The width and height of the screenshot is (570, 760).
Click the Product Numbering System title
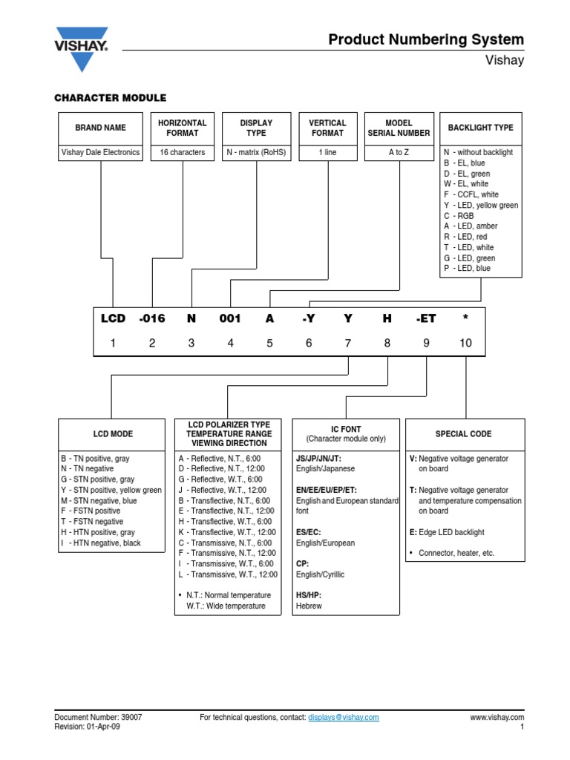coord(426,39)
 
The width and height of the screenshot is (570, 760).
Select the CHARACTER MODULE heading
coord(110,98)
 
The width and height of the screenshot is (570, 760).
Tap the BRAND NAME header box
coord(100,128)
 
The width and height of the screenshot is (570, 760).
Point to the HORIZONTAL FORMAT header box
coord(183,128)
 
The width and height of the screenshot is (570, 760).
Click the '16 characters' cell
coord(183,152)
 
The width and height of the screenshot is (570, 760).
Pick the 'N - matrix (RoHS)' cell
coord(256,152)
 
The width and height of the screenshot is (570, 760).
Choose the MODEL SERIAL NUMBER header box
coord(399,128)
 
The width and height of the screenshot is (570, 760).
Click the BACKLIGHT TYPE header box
coord(480,128)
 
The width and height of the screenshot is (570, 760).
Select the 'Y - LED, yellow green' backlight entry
coord(481,205)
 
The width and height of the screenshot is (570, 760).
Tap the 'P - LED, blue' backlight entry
coord(467,269)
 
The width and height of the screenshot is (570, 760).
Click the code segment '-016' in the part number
coord(151,318)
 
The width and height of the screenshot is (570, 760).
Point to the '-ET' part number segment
coord(426,318)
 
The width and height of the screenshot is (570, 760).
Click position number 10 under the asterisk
coord(465,343)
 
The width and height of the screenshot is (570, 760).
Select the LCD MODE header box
coord(113,433)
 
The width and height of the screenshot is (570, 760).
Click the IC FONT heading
coord(346,429)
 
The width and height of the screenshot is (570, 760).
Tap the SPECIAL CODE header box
coord(464,433)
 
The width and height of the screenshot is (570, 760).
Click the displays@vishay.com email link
coord(343,718)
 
